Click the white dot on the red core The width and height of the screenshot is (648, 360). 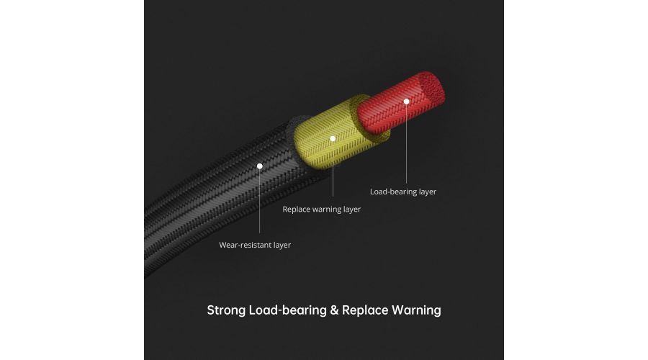[407, 102]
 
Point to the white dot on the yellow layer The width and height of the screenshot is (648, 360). [333, 138]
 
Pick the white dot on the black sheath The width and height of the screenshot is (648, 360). [260, 166]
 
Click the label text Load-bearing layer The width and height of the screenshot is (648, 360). [403, 192]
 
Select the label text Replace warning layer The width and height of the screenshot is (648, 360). [322, 210]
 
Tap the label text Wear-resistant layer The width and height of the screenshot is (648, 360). [255, 245]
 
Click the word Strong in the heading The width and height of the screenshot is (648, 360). [226, 311]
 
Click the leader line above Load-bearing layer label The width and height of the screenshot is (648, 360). [407, 144]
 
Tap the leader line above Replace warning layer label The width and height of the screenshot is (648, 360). [333, 169]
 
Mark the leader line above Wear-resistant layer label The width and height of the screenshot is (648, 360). [260, 202]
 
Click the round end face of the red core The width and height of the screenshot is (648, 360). [431, 89]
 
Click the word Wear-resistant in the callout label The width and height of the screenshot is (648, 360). [243, 245]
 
